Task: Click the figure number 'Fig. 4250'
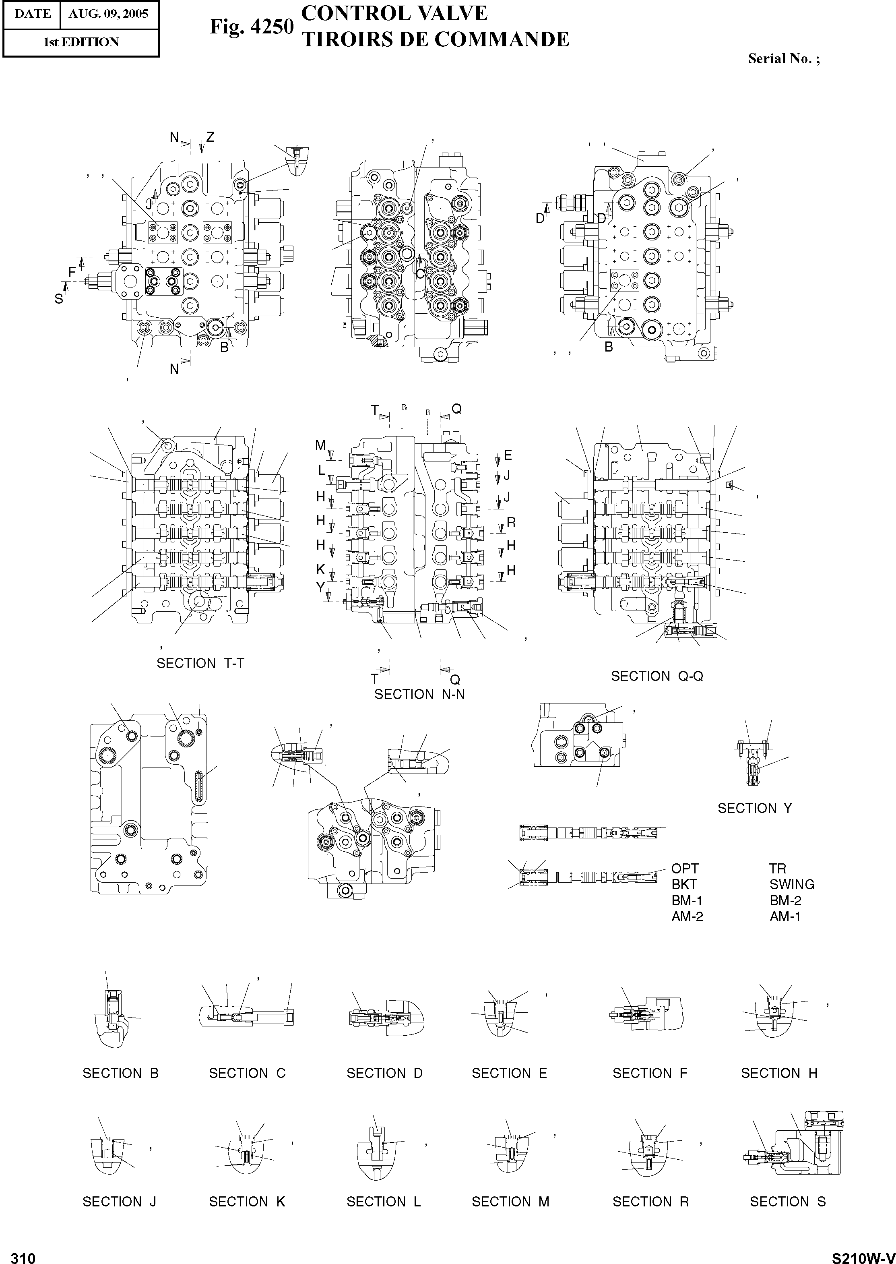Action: (x=251, y=27)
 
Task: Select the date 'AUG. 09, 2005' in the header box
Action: (x=108, y=14)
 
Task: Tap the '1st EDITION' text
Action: (x=81, y=42)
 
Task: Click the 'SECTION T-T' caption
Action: (x=200, y=664)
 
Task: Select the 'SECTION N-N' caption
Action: (x=419, y=694)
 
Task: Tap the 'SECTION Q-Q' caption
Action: (x=657, y=676)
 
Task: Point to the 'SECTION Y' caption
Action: (x=755, y=808)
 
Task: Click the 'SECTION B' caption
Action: (x=120, y=1073)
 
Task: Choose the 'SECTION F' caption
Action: (x=650, y=1073)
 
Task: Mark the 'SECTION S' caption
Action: (x=788, y=1202)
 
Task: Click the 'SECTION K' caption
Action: (x=247, y=1202)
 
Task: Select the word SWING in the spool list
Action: (x=792, y=884)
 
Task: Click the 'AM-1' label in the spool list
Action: (x=785, y=916)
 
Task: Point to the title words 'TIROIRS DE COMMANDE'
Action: (x=435, y=40)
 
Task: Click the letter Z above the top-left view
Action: (x=210, y=137)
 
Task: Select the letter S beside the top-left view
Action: (x=58, y=299)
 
